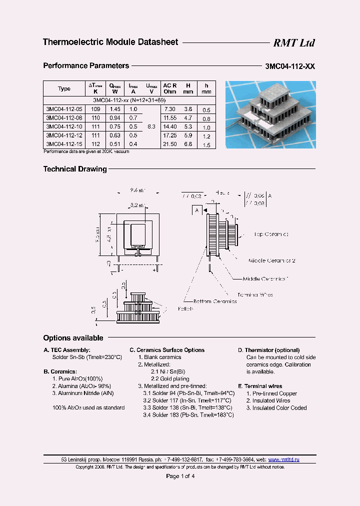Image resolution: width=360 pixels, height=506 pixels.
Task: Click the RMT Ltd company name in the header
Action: (293, 43)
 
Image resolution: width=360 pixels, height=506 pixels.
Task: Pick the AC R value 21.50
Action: (170, 144)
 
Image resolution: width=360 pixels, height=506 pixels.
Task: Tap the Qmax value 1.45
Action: (114, 109)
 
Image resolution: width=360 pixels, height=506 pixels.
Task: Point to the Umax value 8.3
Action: (151, 127)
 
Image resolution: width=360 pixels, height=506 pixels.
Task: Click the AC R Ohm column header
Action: (170, 88)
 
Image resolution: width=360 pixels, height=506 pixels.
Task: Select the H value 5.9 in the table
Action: (188, 135)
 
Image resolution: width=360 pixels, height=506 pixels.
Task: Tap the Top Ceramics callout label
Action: (271, 234)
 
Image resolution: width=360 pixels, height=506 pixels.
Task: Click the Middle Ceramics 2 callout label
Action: (272, 261)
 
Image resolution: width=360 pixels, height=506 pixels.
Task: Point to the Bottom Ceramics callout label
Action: (215, 301)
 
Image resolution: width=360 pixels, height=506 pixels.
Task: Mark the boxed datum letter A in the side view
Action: (197, 210)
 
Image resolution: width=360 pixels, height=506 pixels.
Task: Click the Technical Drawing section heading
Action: (75, 169)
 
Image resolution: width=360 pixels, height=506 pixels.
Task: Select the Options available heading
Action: (73, 338)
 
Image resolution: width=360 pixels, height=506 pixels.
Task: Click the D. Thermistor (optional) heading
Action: (268, 350)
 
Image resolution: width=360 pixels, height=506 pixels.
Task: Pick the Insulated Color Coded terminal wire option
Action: (276, 408)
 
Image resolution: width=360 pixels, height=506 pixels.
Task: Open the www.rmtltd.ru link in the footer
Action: (283, 459)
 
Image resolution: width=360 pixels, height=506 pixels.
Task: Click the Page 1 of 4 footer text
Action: (180, 476)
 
